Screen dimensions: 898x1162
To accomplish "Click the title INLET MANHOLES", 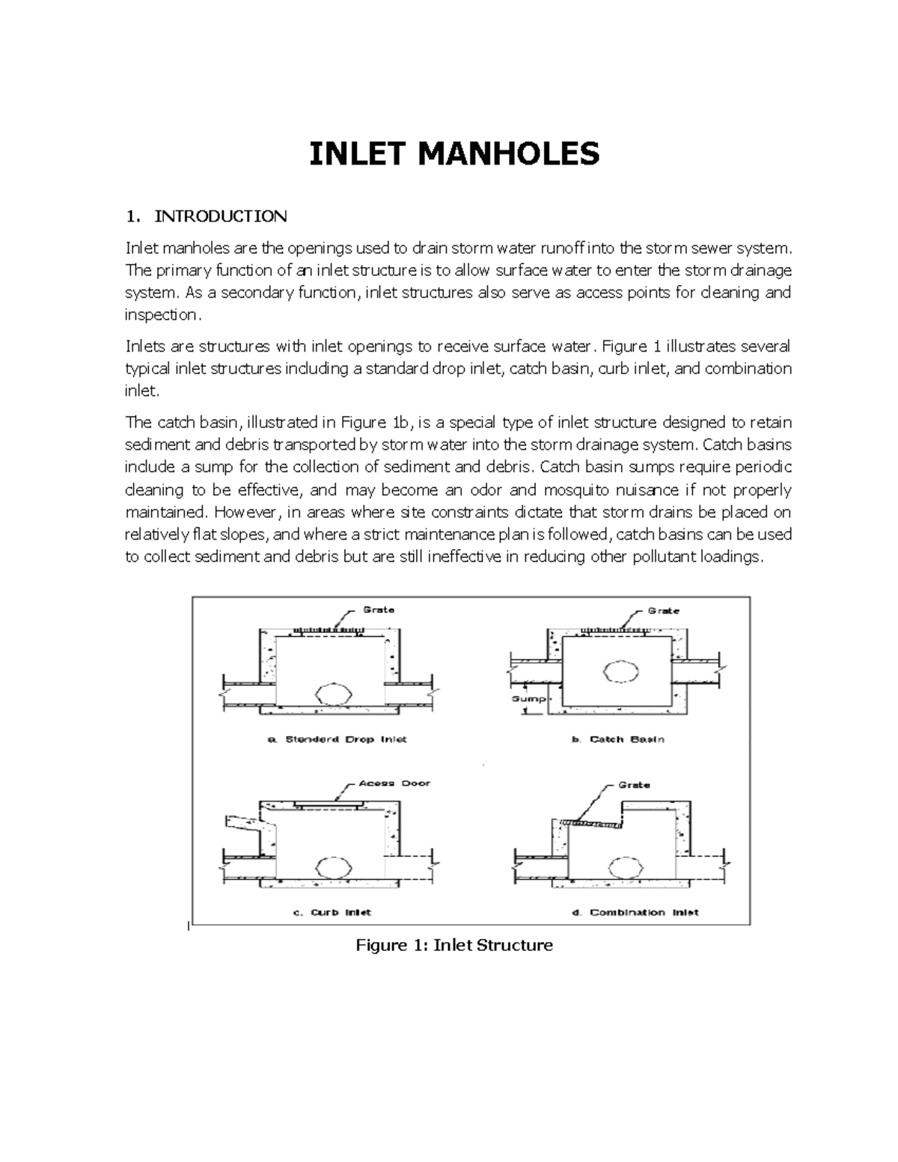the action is pos(454,154).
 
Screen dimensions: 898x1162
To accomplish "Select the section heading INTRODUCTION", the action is pos(220,217).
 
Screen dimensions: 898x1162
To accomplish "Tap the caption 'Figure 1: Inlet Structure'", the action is pos(454,945).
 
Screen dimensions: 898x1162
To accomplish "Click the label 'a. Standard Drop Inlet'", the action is pos(337,739).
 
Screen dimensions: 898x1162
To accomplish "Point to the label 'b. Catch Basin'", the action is pos(618,739).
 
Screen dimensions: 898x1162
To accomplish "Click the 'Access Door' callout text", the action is pos(394,783).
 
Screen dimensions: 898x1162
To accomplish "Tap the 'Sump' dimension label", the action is pos(525,698).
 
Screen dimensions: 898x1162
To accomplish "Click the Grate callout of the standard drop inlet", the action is pos(379,610).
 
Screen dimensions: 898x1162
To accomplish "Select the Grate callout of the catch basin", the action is pos(663,611).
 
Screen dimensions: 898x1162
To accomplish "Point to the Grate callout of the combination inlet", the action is pos(634,785).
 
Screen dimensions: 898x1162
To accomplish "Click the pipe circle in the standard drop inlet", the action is pos(331,694).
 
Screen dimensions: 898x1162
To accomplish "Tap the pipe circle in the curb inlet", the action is pos(329,867).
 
